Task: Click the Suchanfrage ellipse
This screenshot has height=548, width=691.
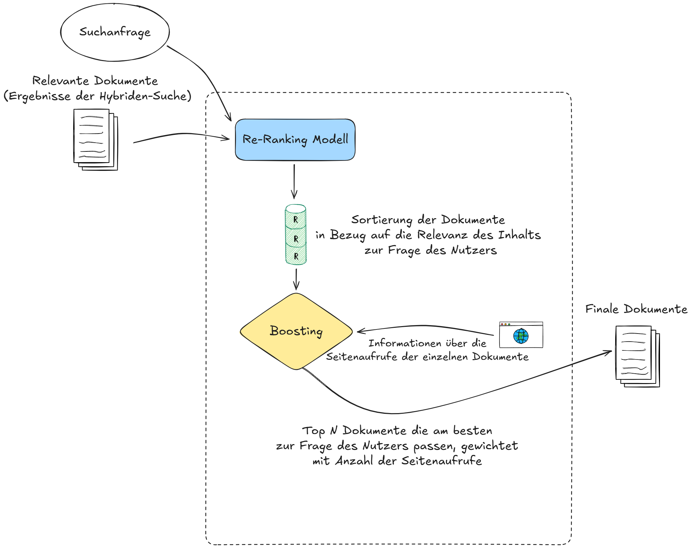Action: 115,32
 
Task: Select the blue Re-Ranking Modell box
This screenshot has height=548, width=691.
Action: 295,140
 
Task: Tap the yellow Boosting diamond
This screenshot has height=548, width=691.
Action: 296,331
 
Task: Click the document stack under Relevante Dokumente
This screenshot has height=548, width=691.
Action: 95,139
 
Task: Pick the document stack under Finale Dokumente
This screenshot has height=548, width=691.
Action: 637,356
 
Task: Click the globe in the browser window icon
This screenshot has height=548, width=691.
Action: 521,336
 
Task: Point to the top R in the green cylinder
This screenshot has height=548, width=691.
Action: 296,220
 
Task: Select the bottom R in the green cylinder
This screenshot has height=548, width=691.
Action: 296,256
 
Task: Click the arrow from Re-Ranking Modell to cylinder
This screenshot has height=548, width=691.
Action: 294,182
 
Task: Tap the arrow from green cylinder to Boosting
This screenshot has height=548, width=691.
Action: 296,279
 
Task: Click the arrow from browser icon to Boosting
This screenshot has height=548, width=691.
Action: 425,326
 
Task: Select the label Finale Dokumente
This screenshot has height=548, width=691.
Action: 636,309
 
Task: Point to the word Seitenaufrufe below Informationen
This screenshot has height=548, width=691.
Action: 362,357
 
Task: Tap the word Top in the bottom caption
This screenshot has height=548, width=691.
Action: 313,431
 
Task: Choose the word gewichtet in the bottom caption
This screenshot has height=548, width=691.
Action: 489,446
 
